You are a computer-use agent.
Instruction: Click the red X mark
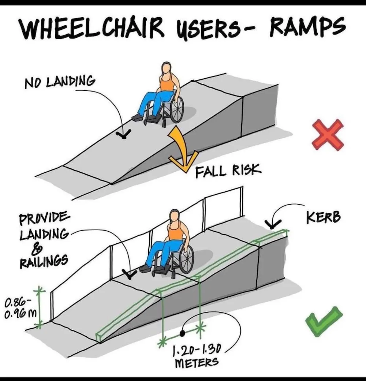(328, 135)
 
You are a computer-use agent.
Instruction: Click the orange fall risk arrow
(181, 148)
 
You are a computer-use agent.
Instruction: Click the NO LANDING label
(60, 82)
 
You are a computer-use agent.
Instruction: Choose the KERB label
(323, 217)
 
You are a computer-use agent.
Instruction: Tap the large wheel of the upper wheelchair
(177, 109)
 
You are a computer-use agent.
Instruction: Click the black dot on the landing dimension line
(182, 334)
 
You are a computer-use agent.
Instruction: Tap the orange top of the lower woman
(175, 233)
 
